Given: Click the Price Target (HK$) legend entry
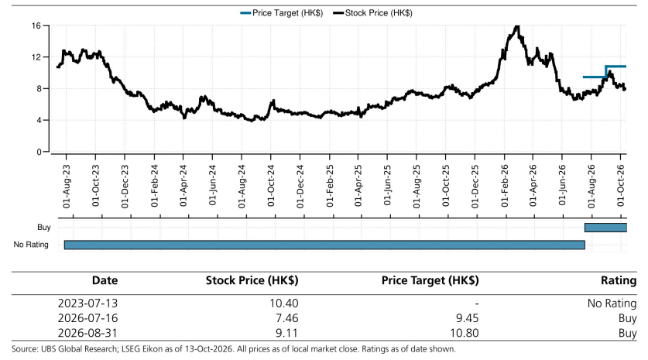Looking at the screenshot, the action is coord(282,13).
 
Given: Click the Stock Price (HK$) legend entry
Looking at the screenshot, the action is coord(372,13).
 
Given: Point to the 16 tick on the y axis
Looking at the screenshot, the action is coord(36,26).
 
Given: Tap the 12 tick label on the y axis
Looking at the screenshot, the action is coord(36,57).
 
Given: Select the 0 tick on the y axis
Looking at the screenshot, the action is coord(39,152).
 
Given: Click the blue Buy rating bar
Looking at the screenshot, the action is coord(606,228).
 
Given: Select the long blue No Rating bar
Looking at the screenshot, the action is coord(324,245).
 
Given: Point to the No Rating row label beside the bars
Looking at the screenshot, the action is coord(31,245).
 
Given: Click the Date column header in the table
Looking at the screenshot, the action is coord(105,280).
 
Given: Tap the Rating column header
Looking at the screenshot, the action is coord(619,280).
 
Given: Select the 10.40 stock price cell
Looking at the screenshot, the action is coord(284,303).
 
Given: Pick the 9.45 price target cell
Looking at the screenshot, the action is coord(466,318).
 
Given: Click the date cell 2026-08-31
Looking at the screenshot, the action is coord(87,333).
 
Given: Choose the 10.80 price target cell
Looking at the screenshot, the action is coord(465,333).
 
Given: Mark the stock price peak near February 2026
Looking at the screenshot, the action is coord(516,27).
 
